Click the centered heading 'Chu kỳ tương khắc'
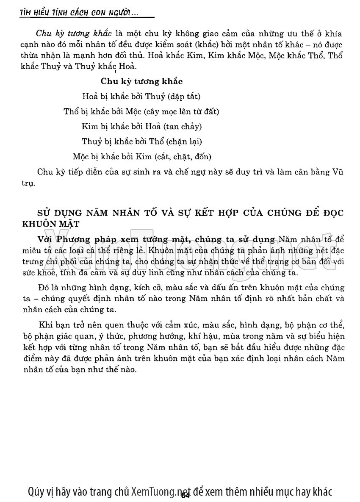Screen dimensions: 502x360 point(141,81)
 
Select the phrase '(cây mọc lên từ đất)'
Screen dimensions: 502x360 point(181,111)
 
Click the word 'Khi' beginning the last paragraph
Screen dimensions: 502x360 point(44,325)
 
